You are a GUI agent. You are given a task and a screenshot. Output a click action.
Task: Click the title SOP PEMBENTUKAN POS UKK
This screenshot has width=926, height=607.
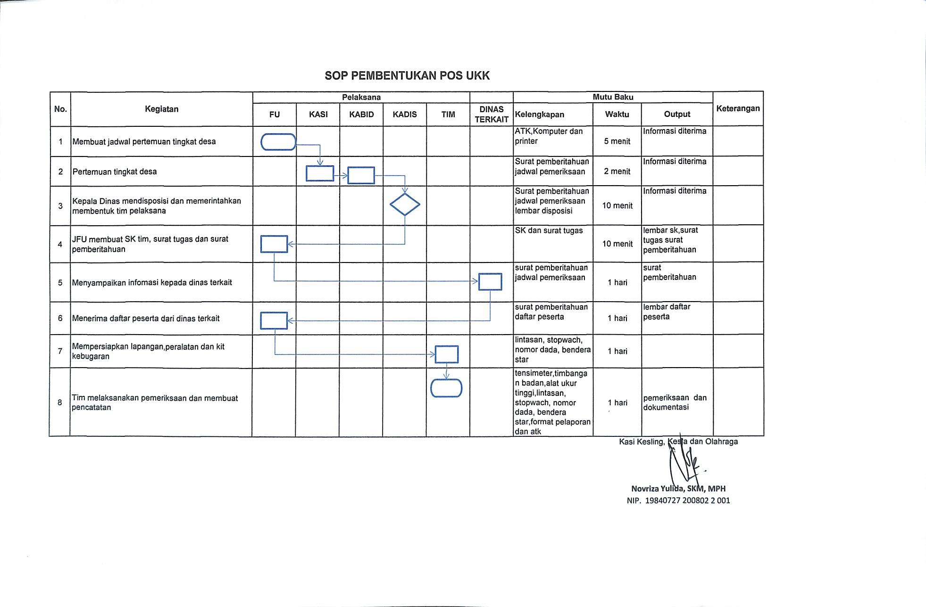tap(407, 76)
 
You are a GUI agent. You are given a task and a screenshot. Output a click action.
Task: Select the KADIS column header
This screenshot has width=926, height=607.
tap(404, 115)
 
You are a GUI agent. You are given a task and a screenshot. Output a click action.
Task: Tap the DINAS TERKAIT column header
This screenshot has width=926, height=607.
tap(491, 115)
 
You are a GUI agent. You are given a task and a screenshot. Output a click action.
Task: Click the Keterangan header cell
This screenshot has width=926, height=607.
tap(738, 108)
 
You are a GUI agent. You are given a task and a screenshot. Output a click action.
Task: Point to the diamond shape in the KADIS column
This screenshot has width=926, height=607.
tap(405, 205)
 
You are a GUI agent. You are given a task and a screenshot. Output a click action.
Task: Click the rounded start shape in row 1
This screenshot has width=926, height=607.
tap(278, 142)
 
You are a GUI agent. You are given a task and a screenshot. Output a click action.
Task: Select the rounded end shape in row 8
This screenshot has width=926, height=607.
tap(446, 388)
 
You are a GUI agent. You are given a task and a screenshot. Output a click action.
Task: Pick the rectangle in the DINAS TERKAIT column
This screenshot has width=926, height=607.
tap(490, 282)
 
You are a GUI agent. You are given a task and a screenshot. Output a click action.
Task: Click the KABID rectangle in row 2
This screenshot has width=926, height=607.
tap(361, 175)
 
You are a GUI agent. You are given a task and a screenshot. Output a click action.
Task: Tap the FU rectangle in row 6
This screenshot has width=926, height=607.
tap(274, 320)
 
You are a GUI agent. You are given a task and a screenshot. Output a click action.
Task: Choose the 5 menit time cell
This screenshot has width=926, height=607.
tap(617, 141)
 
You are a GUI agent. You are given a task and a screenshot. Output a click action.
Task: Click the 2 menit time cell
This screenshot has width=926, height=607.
tap(617, 172)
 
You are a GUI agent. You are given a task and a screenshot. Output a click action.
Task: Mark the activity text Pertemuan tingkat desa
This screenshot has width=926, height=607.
tap(115, 172)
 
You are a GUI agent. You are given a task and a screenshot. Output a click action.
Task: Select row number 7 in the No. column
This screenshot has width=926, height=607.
tap(60, 351)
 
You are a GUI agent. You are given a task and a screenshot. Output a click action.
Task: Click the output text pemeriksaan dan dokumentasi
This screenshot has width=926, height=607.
tap(675, 402)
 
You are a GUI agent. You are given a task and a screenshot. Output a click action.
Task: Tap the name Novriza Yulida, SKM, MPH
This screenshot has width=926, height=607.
tap(678, 489)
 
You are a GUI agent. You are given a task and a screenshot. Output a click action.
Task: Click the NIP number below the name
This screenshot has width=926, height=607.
tap(678, 500)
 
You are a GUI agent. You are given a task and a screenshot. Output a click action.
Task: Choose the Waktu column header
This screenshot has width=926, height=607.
tap(617, 115)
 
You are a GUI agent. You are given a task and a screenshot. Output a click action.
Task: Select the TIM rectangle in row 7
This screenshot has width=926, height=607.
tap(446, 354)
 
